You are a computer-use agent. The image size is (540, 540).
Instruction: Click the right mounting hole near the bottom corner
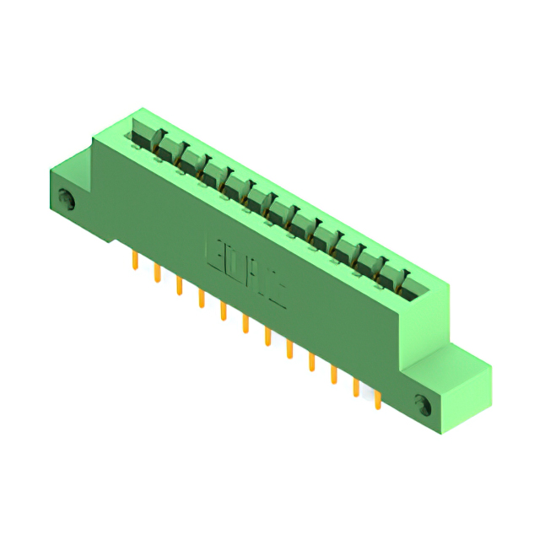tap(423, 403)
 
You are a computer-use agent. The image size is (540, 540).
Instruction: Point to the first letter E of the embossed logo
tap(213, 251)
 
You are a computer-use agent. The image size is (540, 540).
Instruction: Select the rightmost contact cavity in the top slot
tap(397, 283)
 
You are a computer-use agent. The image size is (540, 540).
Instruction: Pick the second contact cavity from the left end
tap(168, 153)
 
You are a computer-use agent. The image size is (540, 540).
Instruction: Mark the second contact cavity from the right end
tap(374, 269)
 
